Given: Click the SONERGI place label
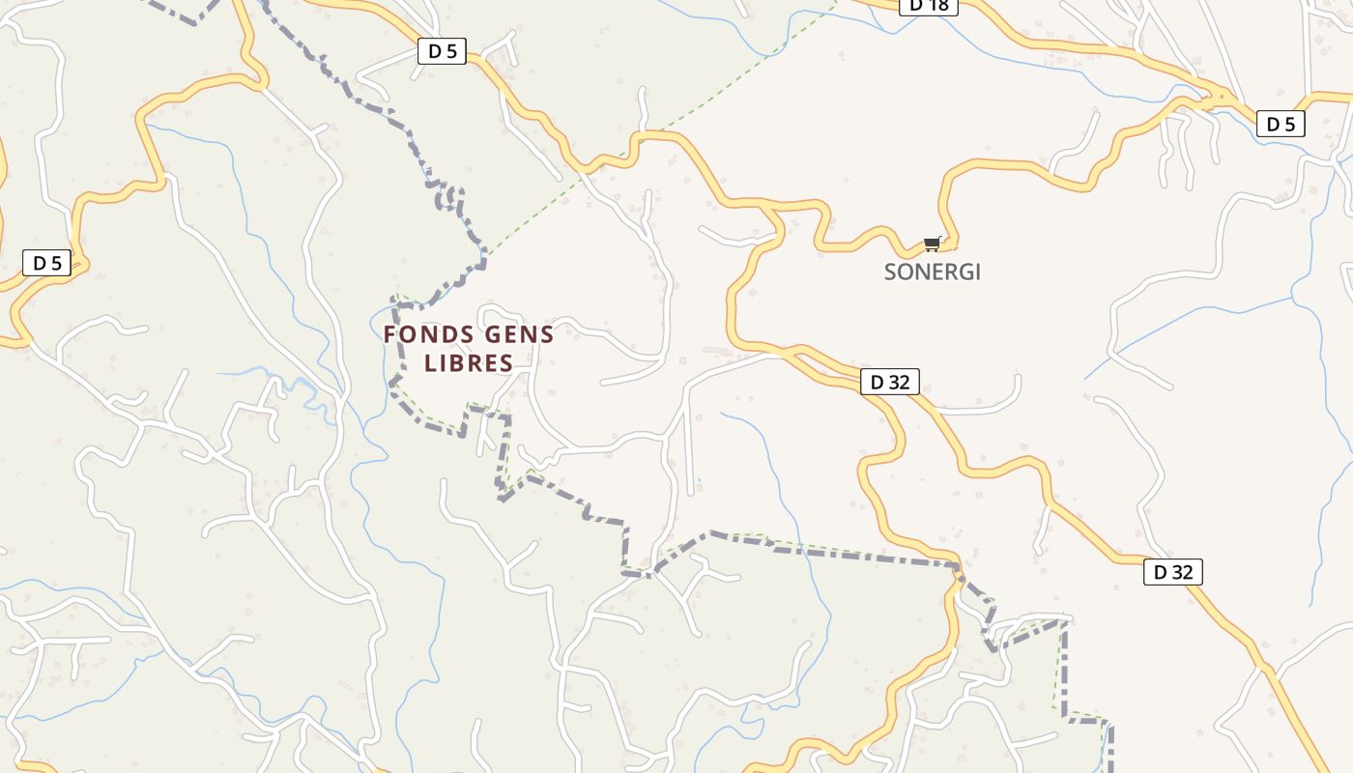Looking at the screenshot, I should (932, 272).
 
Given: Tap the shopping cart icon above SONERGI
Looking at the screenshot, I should (932, 243).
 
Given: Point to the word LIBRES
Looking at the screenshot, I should (469, 363).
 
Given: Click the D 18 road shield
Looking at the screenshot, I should (929, 6).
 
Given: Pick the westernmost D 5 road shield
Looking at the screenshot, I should (46, 263).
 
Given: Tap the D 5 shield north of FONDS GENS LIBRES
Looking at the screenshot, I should (442, 51).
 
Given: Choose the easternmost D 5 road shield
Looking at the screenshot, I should (1281, 124).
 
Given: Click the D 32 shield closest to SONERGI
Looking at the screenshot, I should (889, 382).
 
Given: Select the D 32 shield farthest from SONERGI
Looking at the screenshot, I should (1172, 572).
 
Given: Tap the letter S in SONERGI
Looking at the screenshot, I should (891, 272).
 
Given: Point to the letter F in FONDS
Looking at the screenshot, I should (390, 335).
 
